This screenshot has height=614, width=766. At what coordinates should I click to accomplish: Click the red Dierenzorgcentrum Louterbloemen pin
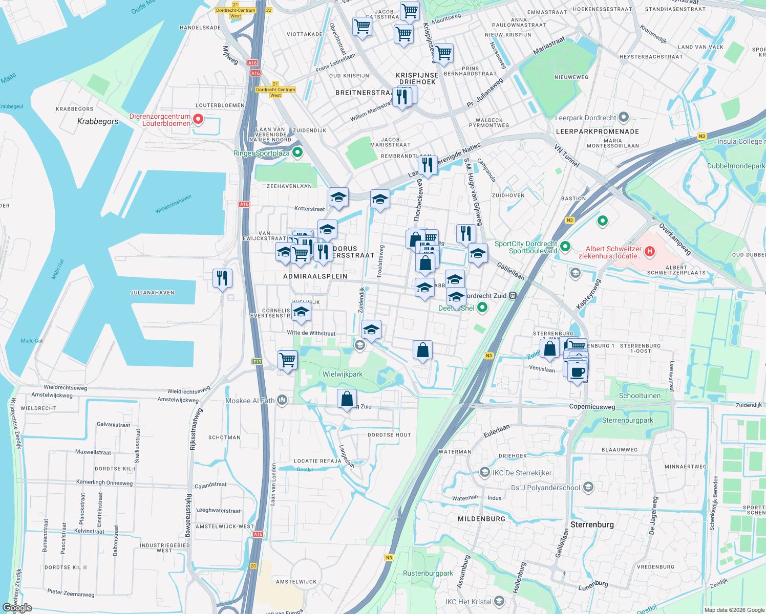point(198,120)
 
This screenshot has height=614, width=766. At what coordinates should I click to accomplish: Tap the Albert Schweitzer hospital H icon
point(650,251)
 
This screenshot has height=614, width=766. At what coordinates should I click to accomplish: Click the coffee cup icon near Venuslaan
point(578,372)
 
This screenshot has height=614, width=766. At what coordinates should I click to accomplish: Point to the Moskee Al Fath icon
point(282,400)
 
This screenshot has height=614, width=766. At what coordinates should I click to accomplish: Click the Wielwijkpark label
point(343,374)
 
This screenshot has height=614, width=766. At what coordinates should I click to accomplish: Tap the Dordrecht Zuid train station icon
point(513,296)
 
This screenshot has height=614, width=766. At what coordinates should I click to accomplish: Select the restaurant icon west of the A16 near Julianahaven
point(222,278)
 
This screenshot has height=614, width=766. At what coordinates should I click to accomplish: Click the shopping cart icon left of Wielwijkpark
point(288,359)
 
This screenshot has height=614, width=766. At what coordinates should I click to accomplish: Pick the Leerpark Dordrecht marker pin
point(623,117)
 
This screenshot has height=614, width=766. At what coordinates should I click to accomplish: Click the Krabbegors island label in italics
point(97,121)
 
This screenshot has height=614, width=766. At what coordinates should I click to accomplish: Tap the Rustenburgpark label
point(428,573)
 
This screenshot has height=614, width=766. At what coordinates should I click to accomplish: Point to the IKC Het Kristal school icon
point(500,601)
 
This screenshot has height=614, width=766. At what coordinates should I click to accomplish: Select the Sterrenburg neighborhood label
point(592,524)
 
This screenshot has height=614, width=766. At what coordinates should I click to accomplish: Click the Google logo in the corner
point(17,607)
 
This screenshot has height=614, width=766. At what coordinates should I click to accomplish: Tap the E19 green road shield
point(257,362)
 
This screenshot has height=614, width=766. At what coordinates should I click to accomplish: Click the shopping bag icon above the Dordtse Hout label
point(347,398)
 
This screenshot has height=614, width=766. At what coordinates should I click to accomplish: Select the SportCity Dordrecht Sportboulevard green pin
point(565,247)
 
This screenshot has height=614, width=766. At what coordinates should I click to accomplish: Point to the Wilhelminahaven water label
point(174,205)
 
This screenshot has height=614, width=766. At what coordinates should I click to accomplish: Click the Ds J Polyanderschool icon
point(588,487)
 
